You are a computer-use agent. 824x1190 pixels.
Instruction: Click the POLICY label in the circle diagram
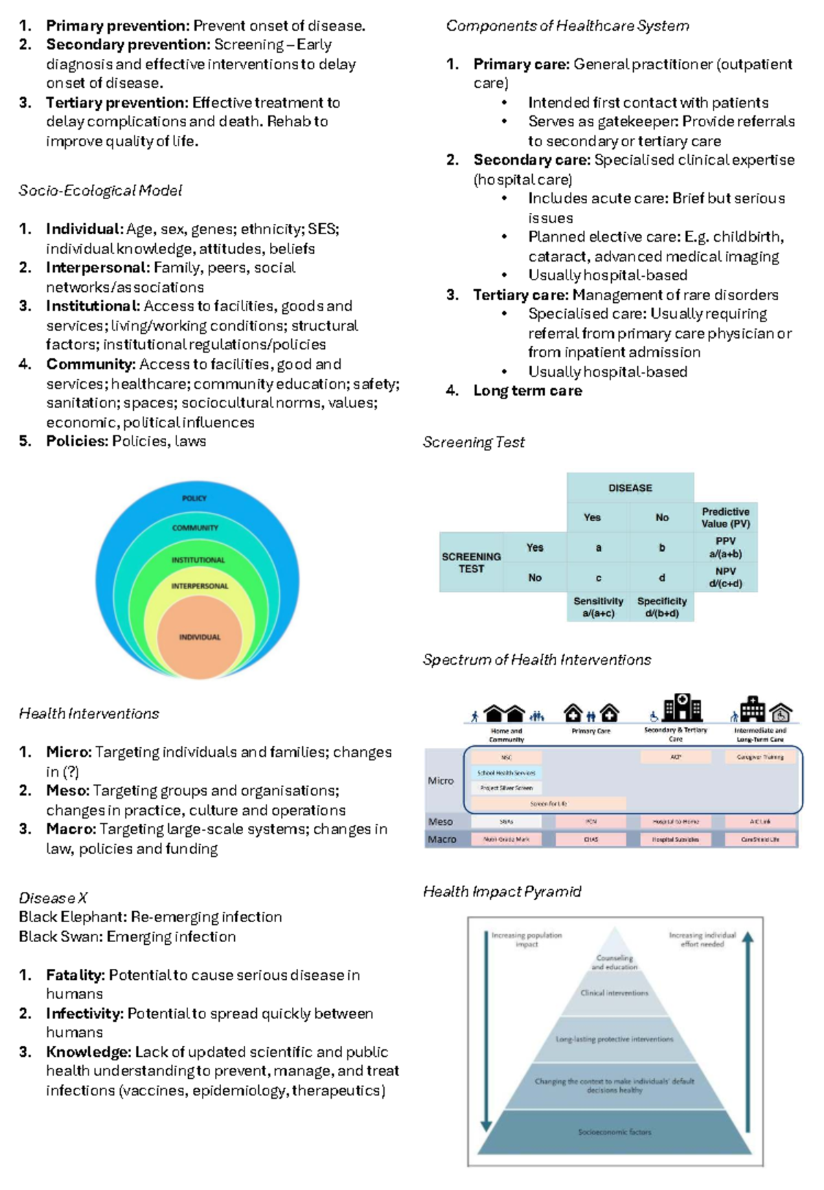click(194, 498)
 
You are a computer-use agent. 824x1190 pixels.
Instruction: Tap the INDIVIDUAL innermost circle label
click(200, 637)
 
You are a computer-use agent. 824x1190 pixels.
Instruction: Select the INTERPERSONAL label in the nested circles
click(200, 586)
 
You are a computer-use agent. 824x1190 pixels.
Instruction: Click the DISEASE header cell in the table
click(630, 488)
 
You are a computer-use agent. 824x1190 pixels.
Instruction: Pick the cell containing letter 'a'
click(598, 547)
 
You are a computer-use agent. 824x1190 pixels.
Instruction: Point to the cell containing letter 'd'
click(661, 577)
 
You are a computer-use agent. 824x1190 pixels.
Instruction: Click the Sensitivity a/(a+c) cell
click(598, 607)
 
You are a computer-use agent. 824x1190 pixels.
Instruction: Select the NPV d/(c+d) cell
click(725, 577)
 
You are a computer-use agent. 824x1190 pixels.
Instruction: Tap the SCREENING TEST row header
click(471, 562)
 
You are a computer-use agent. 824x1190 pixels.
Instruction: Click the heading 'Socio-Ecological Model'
click(100, 190)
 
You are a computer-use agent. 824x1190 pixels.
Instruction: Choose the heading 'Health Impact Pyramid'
click(502, 891)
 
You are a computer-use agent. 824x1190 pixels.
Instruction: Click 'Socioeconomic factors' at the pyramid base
click(614, 1132)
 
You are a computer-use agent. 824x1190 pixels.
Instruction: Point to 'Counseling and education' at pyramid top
click(615, 962)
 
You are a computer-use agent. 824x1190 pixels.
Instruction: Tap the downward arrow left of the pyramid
click(486, 1030)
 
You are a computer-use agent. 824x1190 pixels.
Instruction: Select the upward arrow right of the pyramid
click(748, 1030)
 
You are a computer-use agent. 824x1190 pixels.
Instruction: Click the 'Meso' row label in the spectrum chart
click(440, 821)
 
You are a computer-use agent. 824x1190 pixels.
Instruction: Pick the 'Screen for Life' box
click(548, 803)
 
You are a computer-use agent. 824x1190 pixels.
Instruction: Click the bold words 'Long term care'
click(527, 391)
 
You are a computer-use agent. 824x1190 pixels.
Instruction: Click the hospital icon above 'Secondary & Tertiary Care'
click(682, 707)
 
